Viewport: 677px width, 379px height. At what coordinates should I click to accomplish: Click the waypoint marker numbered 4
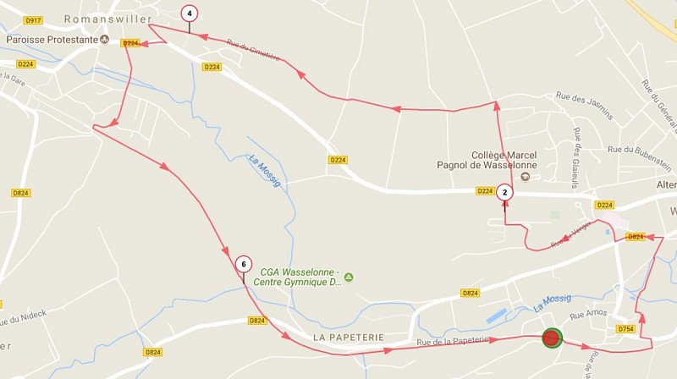pos(190,14)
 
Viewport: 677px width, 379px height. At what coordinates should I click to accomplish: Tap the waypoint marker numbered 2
pos(505,192)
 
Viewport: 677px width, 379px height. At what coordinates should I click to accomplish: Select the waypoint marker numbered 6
pos(244,264)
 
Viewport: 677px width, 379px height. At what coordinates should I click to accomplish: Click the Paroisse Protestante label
pos(52,39)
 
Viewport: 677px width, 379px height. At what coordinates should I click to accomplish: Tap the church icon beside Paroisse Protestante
pos(105,39)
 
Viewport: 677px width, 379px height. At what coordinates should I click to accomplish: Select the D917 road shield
pos(34,19)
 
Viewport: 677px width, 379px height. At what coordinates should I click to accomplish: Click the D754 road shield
pos(625,328)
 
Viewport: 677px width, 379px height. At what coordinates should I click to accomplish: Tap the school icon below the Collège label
pos(524,176)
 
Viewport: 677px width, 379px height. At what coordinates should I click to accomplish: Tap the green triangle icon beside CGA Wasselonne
pos(349,277)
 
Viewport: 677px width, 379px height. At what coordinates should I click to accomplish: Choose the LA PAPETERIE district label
pos(349,337)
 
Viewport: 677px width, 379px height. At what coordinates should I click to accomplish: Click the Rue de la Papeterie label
pos(453,340)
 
